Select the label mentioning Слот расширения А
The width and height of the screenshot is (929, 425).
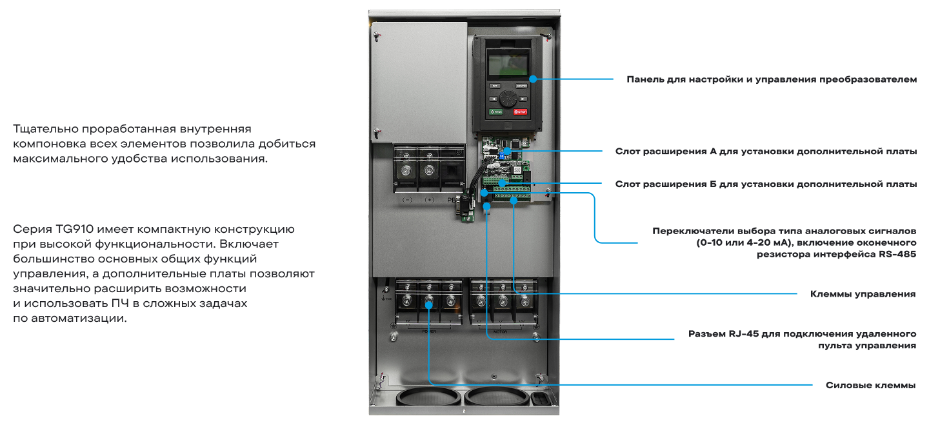[765, 152]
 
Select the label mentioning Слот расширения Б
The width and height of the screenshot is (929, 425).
[765, 184]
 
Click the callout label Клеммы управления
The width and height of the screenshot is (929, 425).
[863, 294]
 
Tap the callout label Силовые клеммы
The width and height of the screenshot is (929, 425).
[870, 385]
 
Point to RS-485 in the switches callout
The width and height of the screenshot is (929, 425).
[897, 254]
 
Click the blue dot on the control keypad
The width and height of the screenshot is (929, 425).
[533, 79]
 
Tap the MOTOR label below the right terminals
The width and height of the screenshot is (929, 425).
[500, 331]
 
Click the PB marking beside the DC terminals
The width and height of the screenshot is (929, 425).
[451, 200]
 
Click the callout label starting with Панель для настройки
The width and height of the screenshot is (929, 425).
[771, 79]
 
